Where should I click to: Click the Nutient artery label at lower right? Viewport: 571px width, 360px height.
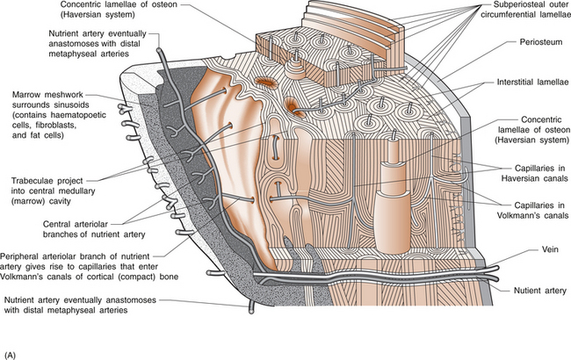527,289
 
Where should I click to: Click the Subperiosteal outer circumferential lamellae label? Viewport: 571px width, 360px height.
519,14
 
